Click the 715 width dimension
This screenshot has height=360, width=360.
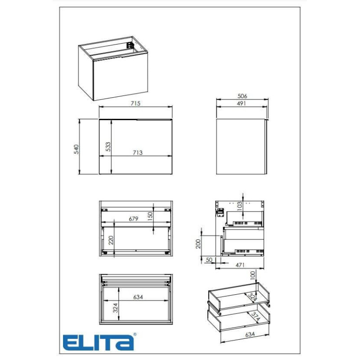tap(135, 103)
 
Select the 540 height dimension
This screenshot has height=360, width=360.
tap(76, 149)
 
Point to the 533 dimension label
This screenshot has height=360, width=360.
tap(108, 147)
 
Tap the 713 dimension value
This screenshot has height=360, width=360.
tap(138, 153)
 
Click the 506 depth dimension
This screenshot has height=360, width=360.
tap(242, 96)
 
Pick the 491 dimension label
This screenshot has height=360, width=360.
tap(241, 103)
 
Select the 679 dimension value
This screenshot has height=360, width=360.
tap(133, 219)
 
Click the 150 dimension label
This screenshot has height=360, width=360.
tap(150, 216)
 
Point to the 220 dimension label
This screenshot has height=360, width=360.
tap(111, 240)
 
